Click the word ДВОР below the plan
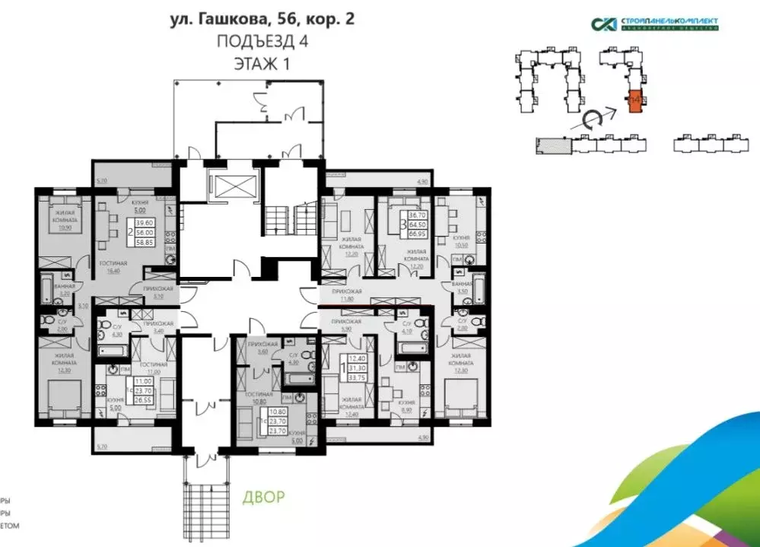(264, 498)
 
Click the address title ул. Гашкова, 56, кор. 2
(262, 18)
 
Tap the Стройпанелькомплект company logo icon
(605, 24)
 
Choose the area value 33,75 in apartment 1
(356, 376)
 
